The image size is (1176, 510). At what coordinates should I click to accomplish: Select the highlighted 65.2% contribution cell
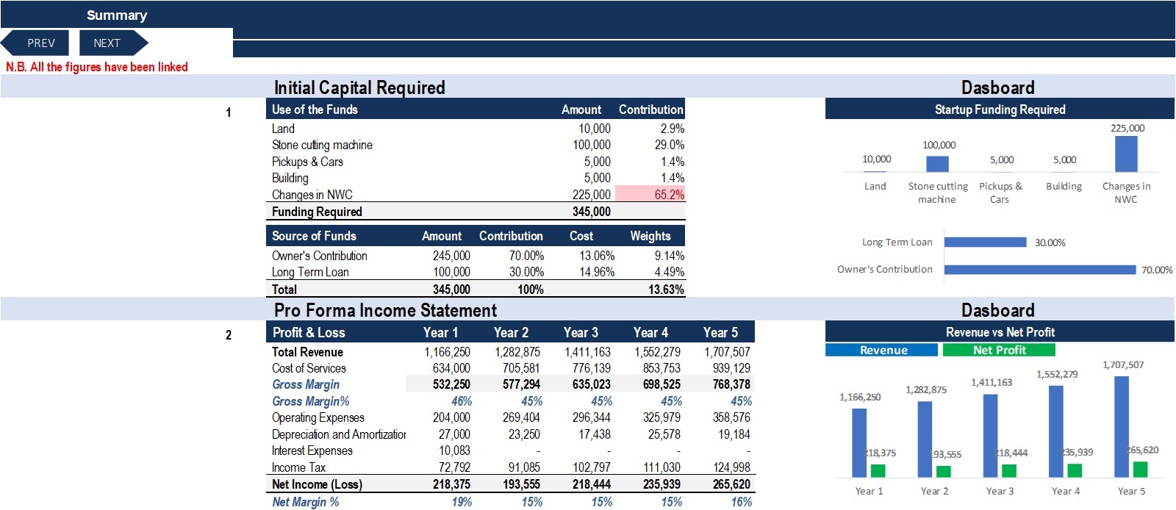click(650, 194)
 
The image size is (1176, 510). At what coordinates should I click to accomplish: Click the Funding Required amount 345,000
click(591, 212)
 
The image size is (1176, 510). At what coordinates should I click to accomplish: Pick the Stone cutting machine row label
click(322, 145)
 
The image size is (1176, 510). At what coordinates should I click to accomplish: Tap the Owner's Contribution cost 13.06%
click(596, 256)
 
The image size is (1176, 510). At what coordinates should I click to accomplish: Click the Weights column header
click(650, 236)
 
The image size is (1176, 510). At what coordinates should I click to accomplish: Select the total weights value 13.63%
click(666, 289)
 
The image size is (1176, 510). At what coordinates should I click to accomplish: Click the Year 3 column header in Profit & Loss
click(581, 333)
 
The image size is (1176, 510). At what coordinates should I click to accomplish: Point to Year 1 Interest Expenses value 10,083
click(454, 450)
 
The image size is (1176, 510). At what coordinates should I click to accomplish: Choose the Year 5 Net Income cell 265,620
click(731, 484)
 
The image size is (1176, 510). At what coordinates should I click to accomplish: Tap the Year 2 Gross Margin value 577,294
click(521, 384)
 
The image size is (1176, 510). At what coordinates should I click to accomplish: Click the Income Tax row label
click(298, 467)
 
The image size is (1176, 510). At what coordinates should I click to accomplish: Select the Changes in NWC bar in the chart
click(1125, 154)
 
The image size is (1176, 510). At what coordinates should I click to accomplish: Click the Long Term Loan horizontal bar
click(985, 242)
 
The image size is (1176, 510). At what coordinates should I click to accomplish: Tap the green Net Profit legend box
click(999, 350)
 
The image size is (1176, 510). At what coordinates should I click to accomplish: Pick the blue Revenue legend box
click(881, 350)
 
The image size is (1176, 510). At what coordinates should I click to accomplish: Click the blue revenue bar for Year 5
click(1121, 426)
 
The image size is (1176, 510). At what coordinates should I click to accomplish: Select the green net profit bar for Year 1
click(878, 470)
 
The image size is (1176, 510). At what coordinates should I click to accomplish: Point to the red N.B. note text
click(96, 67)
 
